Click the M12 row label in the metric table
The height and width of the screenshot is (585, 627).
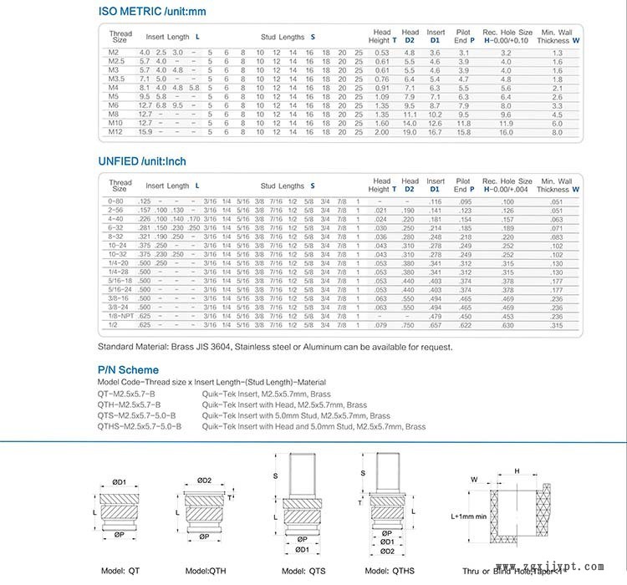click(x=115, y=132)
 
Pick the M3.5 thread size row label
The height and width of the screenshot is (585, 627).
click(x=116, y=79)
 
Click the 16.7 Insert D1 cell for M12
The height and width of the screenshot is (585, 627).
click(x=435, y=132)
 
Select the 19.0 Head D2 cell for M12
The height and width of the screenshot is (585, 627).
click(x=410, y=132)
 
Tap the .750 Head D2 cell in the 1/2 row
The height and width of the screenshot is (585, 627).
click(x=410, y=325)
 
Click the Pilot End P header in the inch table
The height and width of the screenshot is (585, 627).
click(x=464, y=185)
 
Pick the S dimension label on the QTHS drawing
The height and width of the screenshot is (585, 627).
click(x=363, y=473)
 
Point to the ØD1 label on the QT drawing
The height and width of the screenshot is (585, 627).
click(x=119, y=482)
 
